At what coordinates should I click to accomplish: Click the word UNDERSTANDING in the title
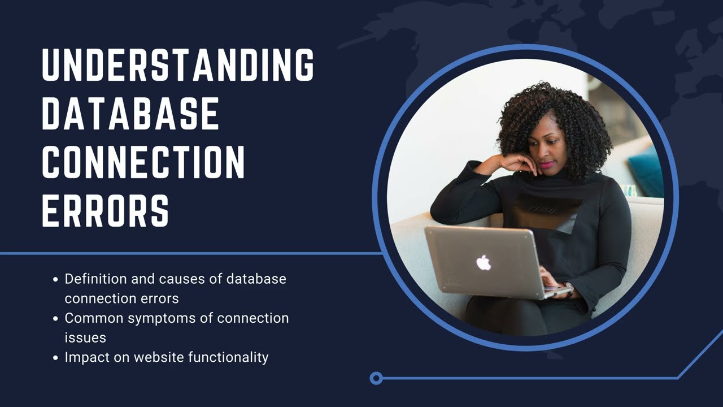coord(177,65)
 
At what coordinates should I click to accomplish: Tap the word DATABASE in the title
coord(130,114)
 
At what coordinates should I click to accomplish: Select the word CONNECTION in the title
coord(143,162)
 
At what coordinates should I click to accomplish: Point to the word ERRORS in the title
coord(106,210)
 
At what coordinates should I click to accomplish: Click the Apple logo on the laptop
coord(484,262)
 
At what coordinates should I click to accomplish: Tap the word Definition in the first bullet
coord(95,279)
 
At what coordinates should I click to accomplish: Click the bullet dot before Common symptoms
coord(55,319)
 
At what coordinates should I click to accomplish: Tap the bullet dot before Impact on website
coord(55,358)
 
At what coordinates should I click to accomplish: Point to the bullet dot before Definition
coord(55,279)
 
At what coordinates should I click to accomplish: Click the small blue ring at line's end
coord(376,378)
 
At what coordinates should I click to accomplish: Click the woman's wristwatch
coord(569,289)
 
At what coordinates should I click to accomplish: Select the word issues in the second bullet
coord(85,337)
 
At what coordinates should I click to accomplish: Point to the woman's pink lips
coord(547,164)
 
